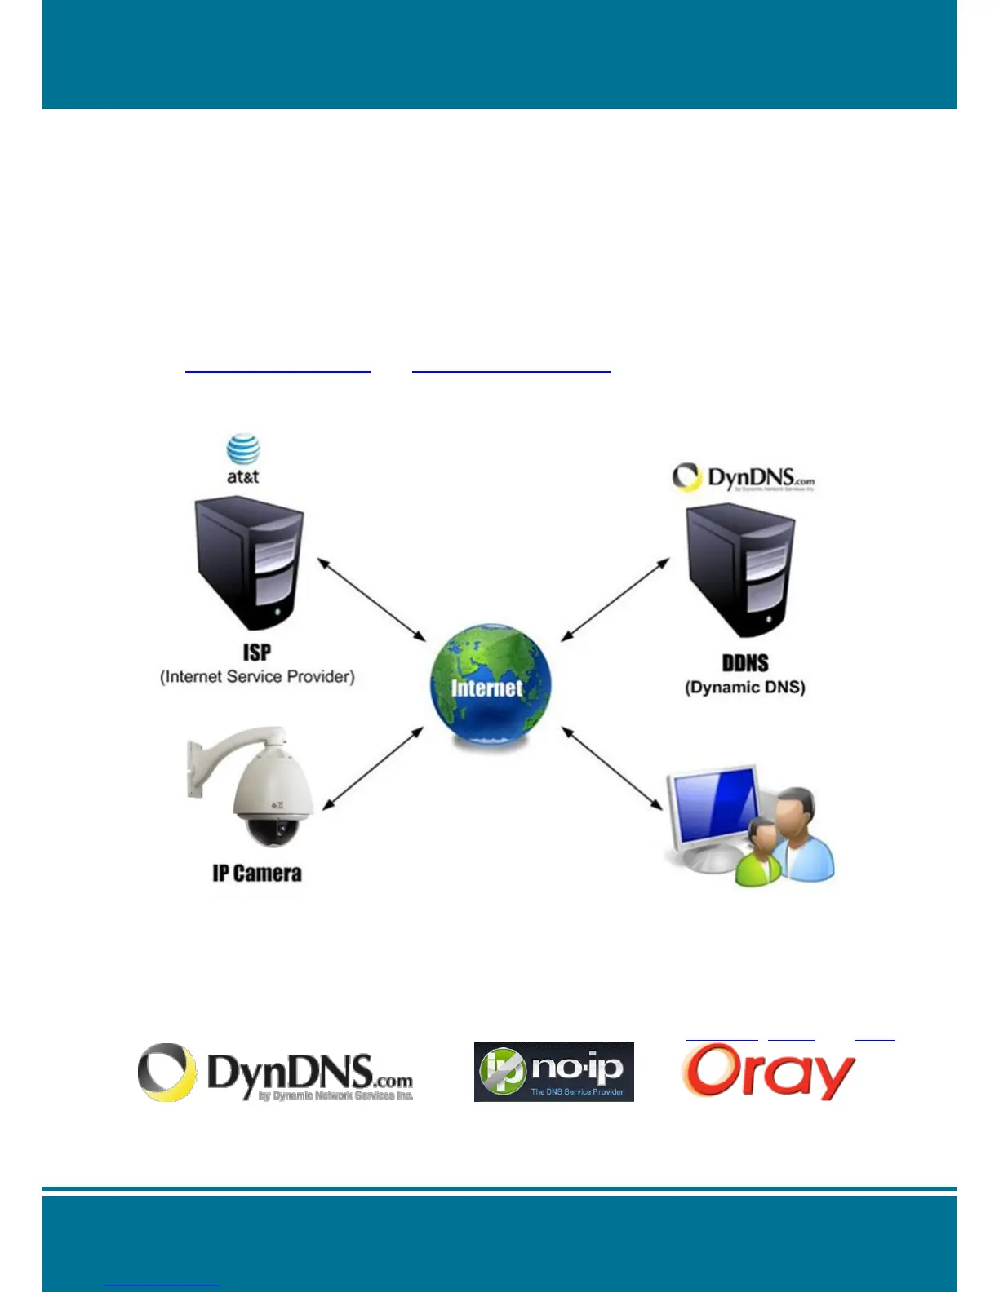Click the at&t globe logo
243,450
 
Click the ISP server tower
250,563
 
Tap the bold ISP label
256,653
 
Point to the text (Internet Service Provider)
257,677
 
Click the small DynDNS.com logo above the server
743,478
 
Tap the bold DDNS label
745,663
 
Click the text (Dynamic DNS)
745,688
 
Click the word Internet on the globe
486,688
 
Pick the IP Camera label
257,874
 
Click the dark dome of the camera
273,832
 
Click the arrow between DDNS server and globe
615,600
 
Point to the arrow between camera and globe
373,768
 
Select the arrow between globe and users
612,768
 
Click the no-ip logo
553,1072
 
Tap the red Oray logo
768,1072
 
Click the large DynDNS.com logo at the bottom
275,1073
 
